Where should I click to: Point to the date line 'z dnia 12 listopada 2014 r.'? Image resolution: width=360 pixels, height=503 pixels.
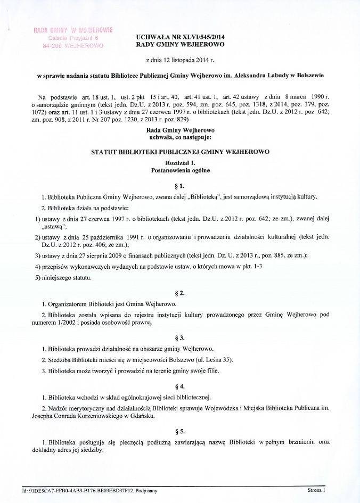(x=180, y=61)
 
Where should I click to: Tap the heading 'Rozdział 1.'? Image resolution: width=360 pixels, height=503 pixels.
(x=180, y=163)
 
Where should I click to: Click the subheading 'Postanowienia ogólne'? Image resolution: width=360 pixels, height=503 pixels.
(x=180, y=170)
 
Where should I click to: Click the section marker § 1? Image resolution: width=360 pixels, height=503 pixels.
(x=180, y=185)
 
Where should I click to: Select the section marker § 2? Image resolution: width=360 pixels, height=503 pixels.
(x=180, y=293)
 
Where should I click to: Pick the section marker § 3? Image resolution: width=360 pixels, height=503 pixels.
(x=180, y=338)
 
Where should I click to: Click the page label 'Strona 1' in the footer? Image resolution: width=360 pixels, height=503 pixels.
(x=316, y=489)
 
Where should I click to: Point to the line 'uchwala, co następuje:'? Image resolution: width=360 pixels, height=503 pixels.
(x=180, y=137)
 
